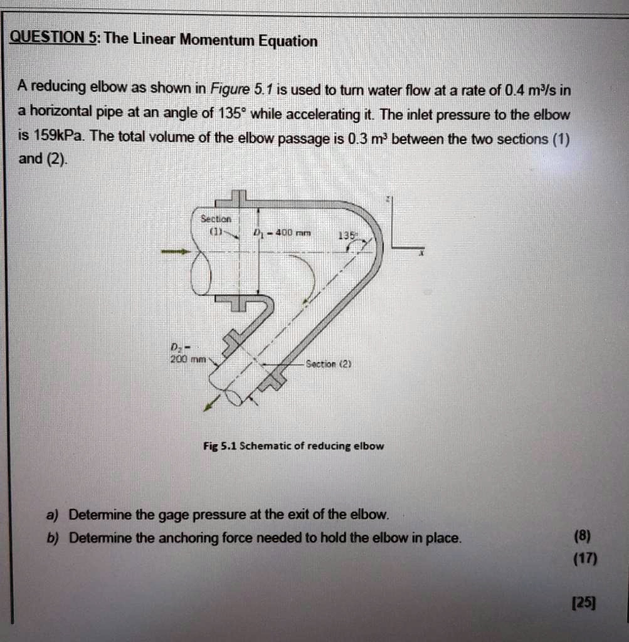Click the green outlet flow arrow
(211, 403)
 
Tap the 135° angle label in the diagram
(346, 236)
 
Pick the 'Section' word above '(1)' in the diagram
(216, 219)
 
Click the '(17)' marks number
(584, 558)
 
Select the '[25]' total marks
(584, 603)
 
